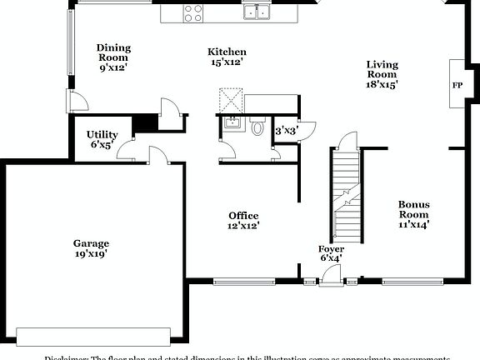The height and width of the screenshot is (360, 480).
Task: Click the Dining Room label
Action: [x=112, y=57]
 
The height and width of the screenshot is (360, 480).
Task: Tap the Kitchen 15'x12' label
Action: [x=227, y=57]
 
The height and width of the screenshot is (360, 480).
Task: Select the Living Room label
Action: [x=382, y=73]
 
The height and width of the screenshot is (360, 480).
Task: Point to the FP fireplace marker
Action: [x=457, y=85]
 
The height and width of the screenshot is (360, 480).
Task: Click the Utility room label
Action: [x=102, y=138]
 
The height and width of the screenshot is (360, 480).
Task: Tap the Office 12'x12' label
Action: [x=243, y=220]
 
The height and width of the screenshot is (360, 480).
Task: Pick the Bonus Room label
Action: [x=414, y=213]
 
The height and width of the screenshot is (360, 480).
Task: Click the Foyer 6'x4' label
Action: [x=331, y=253]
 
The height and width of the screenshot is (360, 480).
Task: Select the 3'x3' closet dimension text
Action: [x=286, y=131]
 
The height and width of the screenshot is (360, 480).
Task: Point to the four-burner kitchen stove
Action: [x=193, y=12]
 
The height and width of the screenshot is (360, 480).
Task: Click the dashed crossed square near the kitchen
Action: [x=231, y=103]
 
